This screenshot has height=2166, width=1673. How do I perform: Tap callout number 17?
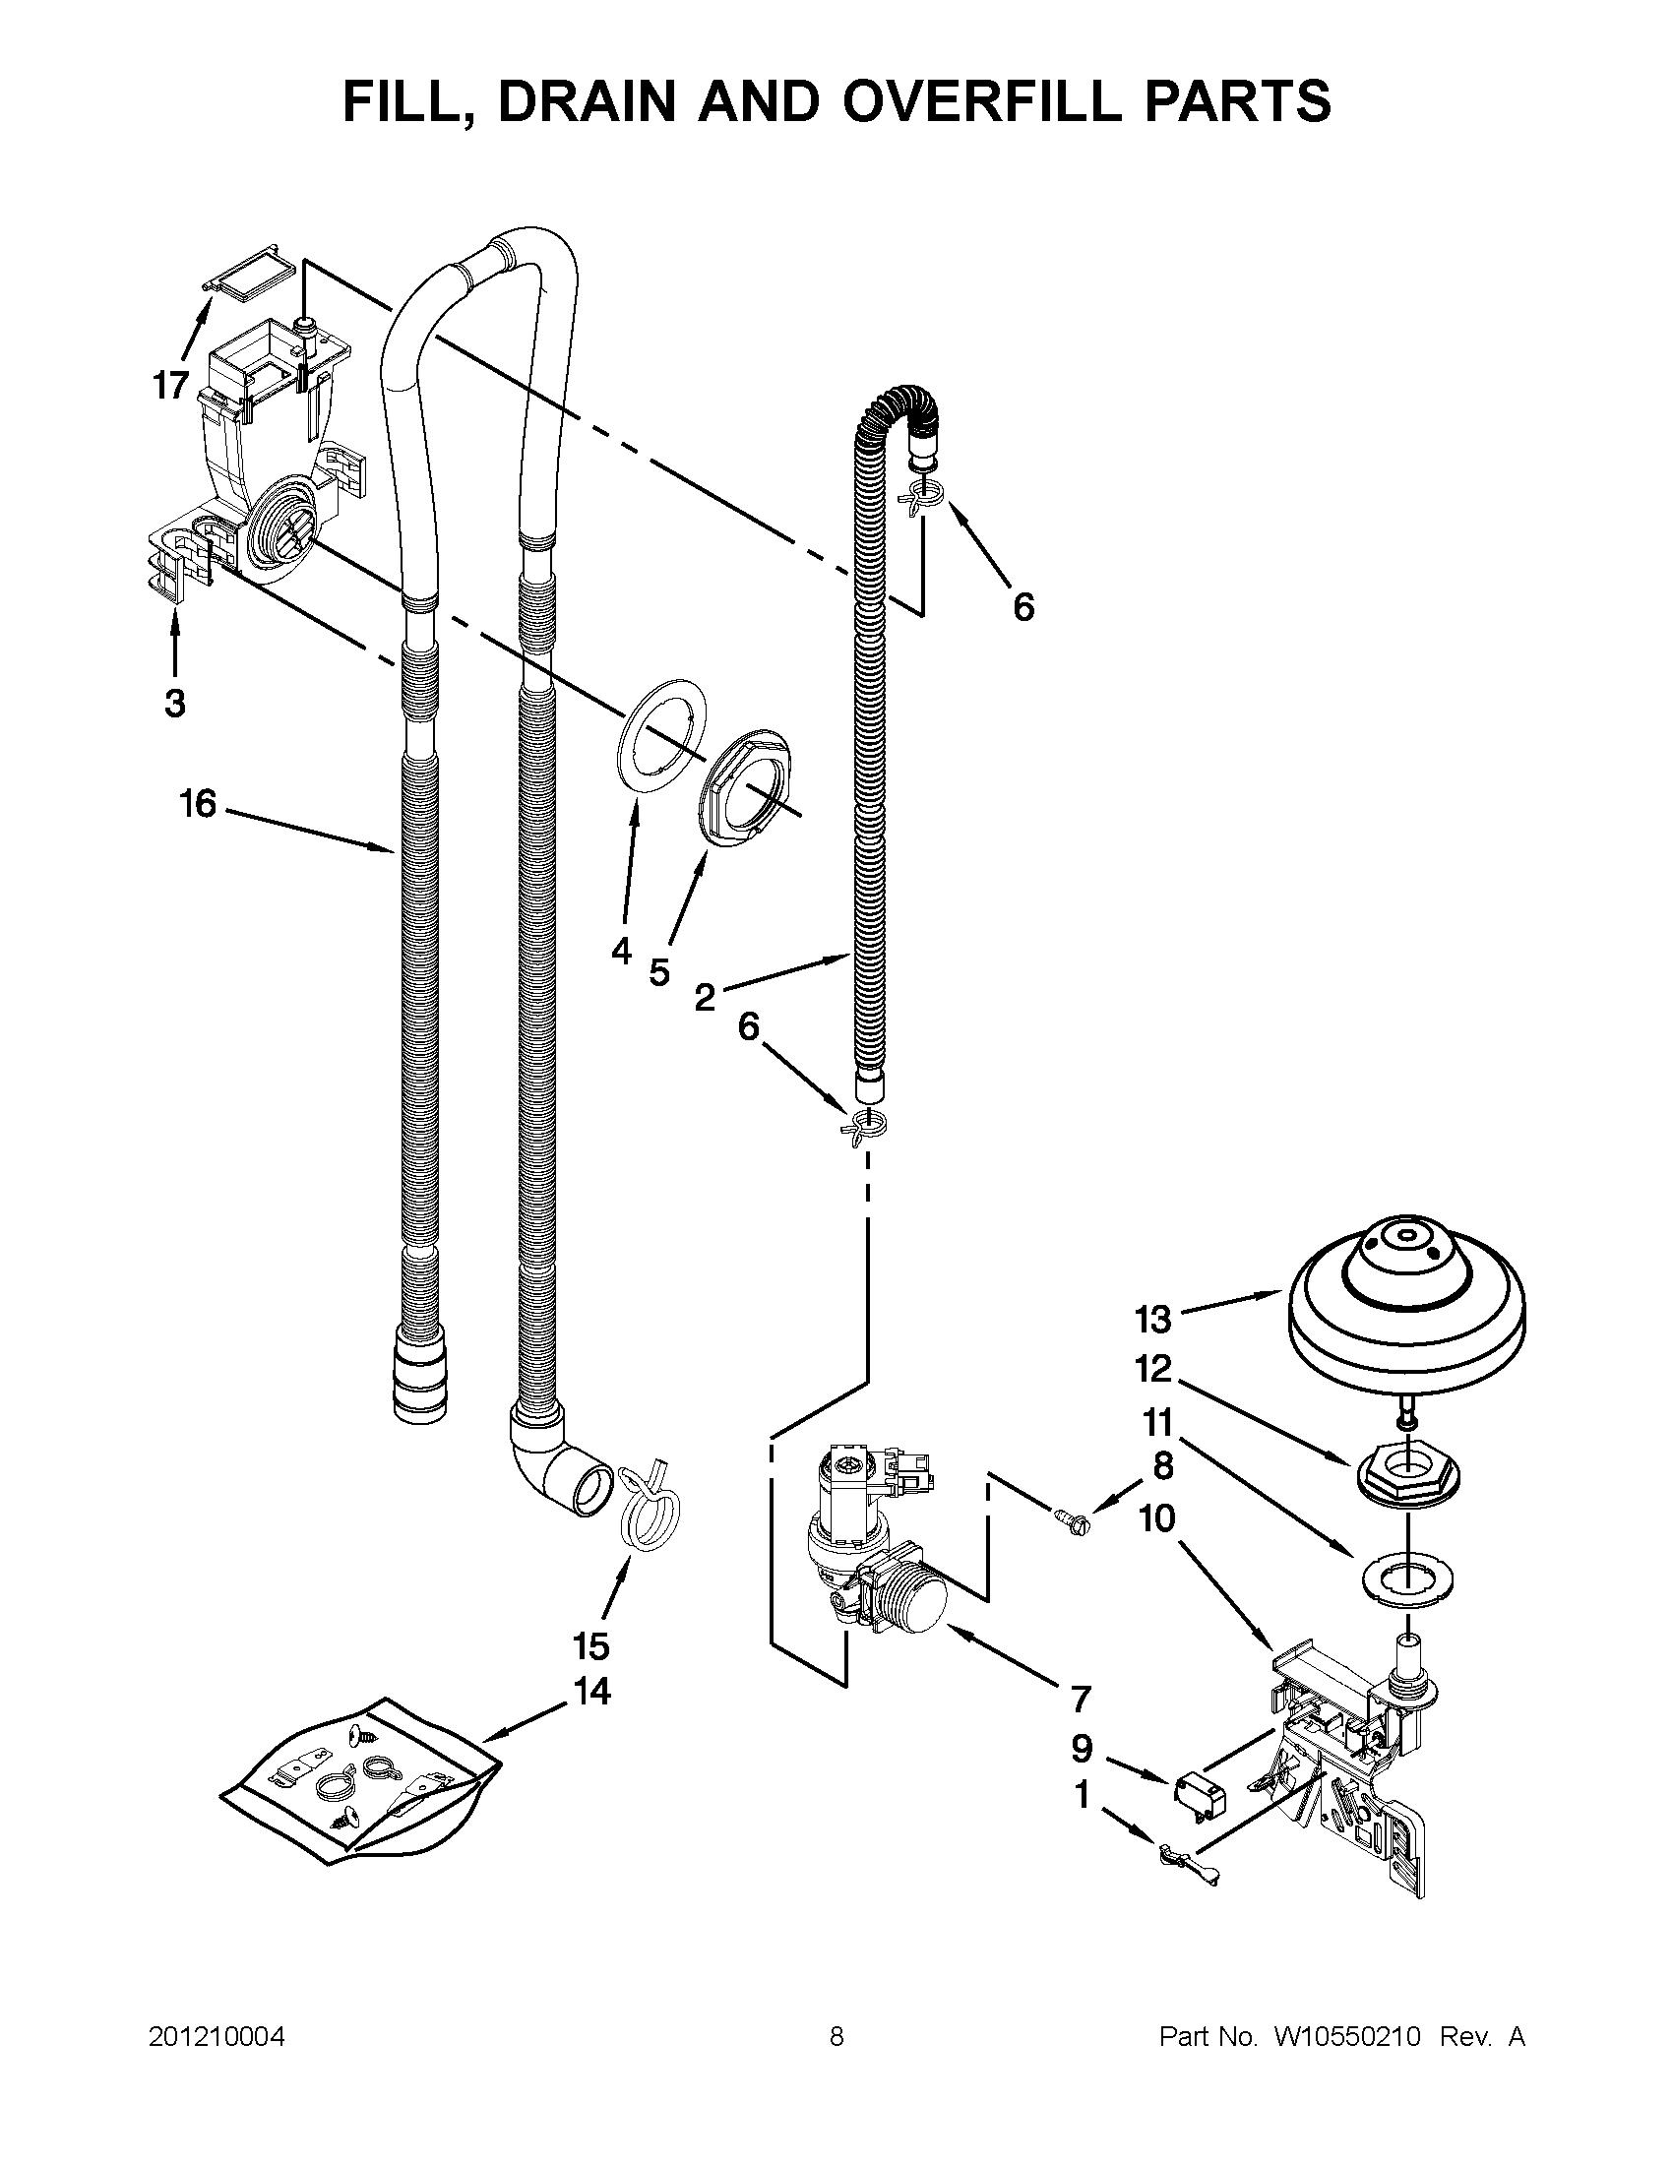(x=169, y=385)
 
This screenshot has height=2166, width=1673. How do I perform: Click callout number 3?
(x=173, y=705)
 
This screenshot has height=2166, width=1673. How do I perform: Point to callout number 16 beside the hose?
(x=198, y=803)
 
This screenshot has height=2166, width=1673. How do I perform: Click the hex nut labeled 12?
(x=1407, y=1483)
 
